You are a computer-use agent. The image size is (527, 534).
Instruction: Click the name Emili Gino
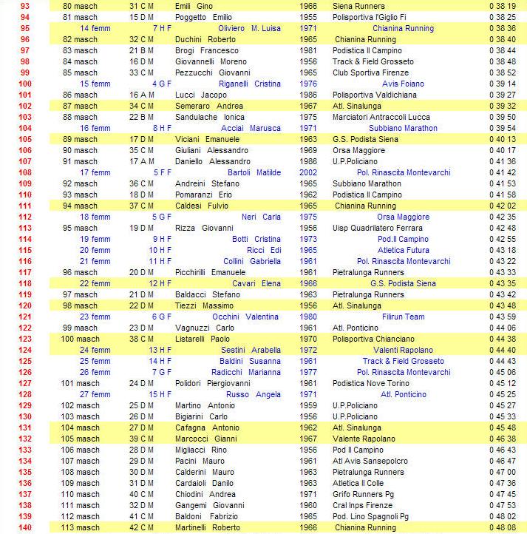(194, 6)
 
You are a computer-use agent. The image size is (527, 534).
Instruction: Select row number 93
(25, 6)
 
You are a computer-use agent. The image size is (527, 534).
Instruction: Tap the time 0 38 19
(502, 6)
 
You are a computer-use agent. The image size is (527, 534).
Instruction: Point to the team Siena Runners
(359, 6)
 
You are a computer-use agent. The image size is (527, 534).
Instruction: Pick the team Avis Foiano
(402, 84)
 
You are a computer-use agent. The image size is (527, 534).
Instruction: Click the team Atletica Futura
(403, 250)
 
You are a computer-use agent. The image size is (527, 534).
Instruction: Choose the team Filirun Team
(403, 317)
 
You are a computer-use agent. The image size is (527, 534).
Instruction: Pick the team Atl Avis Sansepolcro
(370, 461)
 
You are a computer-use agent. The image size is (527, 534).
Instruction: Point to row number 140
(25, 527)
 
